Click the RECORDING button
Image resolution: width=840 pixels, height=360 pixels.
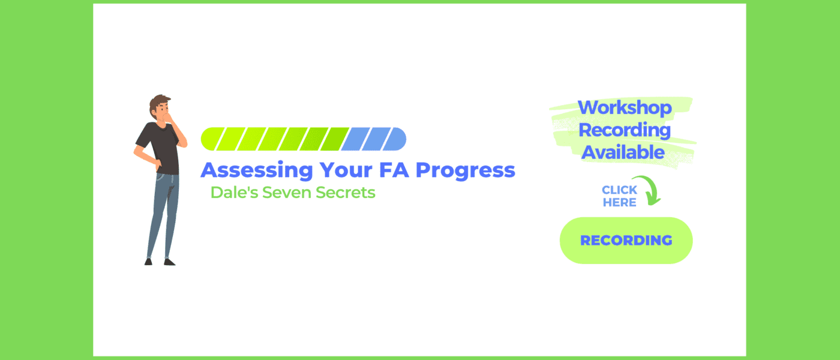coord(626,241)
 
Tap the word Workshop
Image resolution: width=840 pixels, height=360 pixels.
coord(625,107)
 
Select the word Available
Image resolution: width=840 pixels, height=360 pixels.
coord(623,152)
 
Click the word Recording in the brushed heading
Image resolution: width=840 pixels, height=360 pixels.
coord(625,131)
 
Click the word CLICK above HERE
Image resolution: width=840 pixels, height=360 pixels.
coord(619,190)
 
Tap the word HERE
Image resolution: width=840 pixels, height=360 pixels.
coord(619,203)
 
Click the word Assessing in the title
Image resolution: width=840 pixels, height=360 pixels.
coord(257,170)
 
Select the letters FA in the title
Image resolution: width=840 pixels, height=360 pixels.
coord(394,170)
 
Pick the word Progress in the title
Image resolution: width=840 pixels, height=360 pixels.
coord(466,170)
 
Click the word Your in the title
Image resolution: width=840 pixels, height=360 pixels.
coord(346,170)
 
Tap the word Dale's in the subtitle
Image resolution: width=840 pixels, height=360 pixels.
coord(235,193)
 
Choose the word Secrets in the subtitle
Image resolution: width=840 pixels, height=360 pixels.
coord(346,193)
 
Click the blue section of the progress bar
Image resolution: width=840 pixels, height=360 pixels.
coord(373,139)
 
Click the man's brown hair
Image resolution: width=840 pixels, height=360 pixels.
coord(158,103)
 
